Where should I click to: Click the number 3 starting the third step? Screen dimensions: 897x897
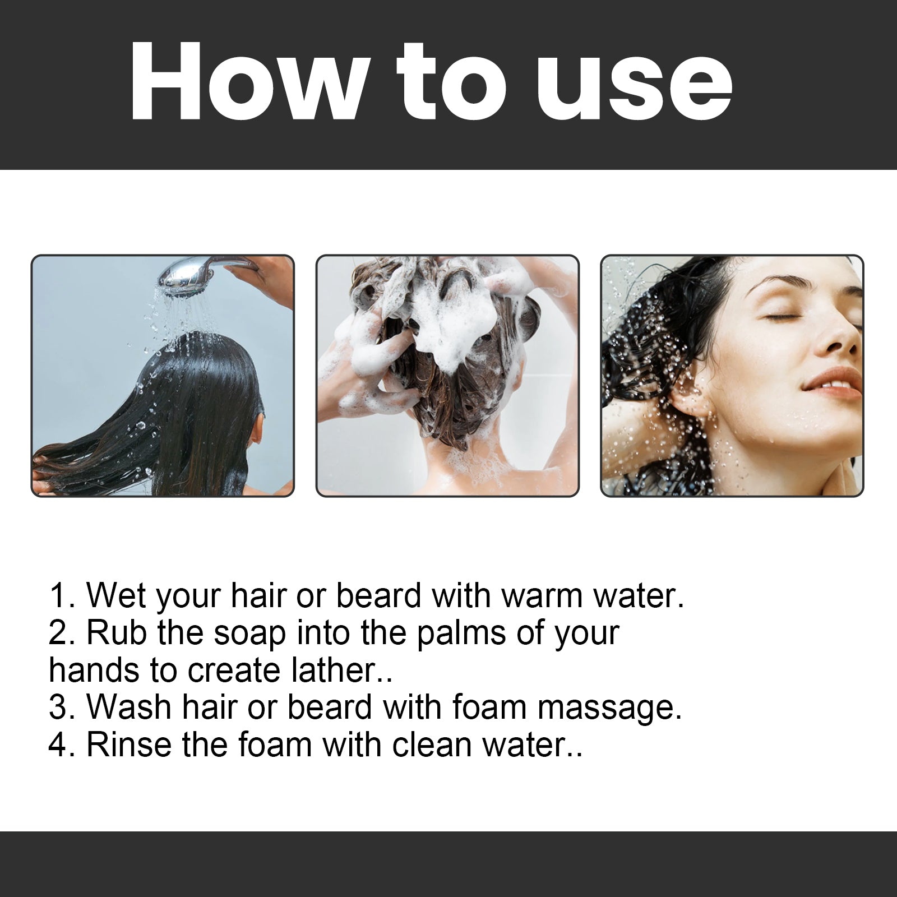(x=58, y=708)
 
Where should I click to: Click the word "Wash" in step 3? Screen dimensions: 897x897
(x=128, y=708)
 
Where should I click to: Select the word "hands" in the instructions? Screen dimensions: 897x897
(x=95, y=670)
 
